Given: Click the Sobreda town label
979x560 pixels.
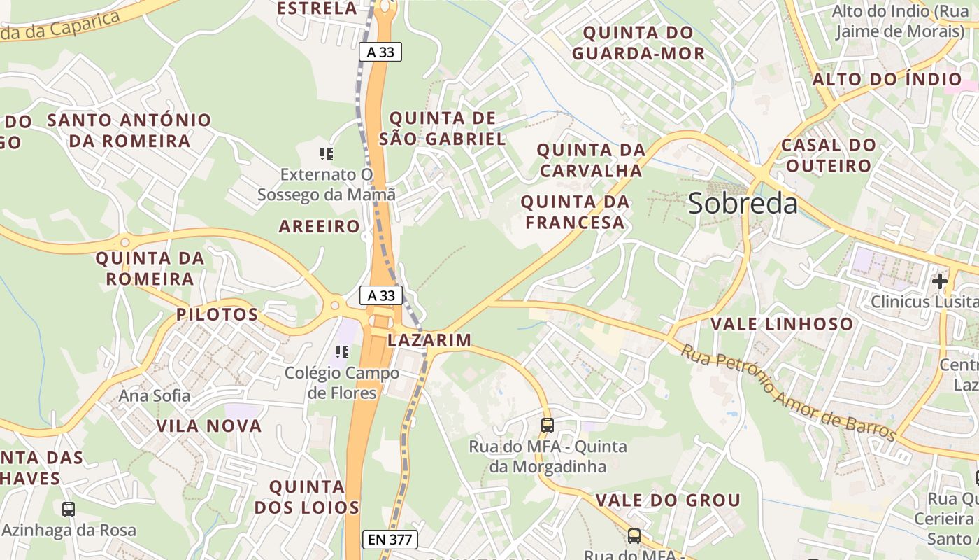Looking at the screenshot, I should (x=743, y=203).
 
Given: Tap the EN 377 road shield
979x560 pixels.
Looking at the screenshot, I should (x=391, y=539).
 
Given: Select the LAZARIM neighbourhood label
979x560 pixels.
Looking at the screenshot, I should (x=429, y=340).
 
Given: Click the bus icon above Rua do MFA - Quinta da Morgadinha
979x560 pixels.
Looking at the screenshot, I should (x=548, y=425).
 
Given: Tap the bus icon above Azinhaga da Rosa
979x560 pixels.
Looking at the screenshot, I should (x=68, y=510).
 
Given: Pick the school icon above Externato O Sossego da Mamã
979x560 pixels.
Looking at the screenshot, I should (x=326, y=153).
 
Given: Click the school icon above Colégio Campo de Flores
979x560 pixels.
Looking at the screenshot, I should (x=341, y=351).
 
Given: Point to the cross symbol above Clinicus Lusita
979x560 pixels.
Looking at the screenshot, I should (x=939, y=281).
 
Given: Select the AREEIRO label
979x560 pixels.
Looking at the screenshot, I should (x=320, y=226).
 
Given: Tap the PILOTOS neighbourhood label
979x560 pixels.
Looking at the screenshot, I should (x=217, y=314).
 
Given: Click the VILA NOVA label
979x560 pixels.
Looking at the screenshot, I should (x=208, y=426).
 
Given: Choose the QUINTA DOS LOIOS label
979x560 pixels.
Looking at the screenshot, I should (x=307, y=496).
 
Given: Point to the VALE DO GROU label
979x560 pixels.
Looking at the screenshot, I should (x=668, y=500).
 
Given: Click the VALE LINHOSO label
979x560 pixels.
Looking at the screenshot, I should (x=782, y=324).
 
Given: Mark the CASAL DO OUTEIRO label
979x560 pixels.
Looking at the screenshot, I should (x=829, y=155).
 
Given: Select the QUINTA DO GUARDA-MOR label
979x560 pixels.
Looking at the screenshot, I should (x=638, y=43).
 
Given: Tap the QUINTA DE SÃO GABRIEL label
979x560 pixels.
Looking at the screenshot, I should (x=443, y=128).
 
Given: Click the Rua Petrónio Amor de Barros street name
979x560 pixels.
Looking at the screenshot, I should (x=788, y=392).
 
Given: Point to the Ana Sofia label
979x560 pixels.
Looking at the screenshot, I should (x=154, y=395).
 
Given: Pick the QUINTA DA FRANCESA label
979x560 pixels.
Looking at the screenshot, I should (x=575, y=212).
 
